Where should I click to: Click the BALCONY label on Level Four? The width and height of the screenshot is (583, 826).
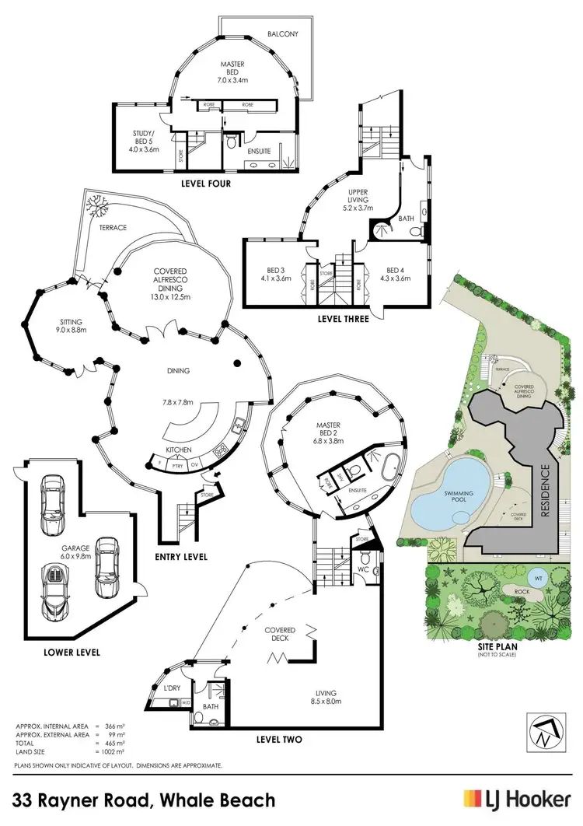point(283,35)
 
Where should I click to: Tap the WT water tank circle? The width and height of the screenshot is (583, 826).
point(538,578)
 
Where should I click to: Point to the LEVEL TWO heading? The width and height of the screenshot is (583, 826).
point(279,739)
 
